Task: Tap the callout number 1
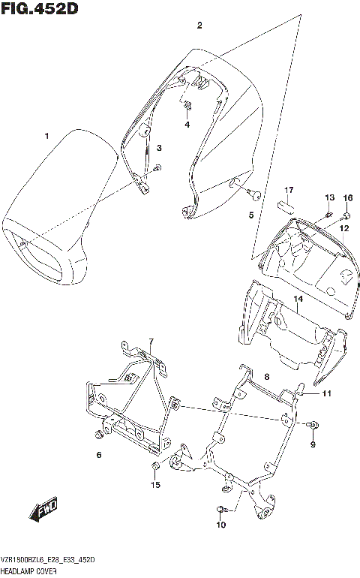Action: click(46, 136)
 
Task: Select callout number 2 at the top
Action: click(199, 26)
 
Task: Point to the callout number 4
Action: click(187, 124)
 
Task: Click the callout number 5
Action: click(251, 215)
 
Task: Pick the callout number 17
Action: click(288, 190)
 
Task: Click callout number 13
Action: click(328, 197)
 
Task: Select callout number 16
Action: click(347, 197)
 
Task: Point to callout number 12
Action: click(344, 227)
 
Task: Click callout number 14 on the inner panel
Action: click(298, 300)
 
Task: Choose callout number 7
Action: click(150, 342)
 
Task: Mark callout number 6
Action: click(98, 455)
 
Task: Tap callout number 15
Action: click(155, 485)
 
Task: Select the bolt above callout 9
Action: click(313, 426)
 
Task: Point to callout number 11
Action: click(326, 393)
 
